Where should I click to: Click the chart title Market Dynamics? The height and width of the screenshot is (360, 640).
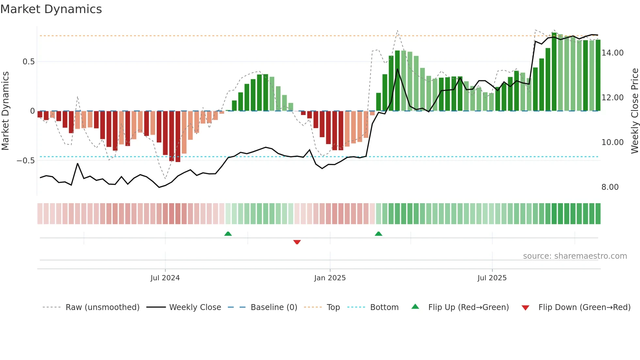(x=51, y=9)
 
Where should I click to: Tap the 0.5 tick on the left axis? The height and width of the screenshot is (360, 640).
(x=28, y=62)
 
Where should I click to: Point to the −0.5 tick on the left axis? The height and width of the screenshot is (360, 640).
(x=25, y=161)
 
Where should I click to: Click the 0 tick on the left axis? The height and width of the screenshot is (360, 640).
(x=32, y=111)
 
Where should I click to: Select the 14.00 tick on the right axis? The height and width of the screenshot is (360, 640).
(x=612, y=53)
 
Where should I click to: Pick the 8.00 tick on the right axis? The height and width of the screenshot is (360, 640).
(x=610, y=187)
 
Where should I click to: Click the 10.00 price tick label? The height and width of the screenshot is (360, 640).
(x=612, y=142)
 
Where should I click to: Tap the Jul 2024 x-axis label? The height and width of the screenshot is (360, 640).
(x=165, y=278)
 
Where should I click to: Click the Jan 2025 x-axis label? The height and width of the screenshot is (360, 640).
(x=330, y=278)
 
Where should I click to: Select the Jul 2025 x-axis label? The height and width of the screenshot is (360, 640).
(x=492, y=278)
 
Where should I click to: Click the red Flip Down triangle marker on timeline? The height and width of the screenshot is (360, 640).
(x=297, y=242)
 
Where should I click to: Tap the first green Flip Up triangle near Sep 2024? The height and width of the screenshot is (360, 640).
(x=228, y=234)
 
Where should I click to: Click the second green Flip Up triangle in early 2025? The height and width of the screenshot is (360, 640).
(x=378, y=234)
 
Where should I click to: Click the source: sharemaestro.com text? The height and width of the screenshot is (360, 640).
(x=575, y=256)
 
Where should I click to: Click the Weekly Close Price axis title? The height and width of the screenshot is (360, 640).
(x=634, y=111)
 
